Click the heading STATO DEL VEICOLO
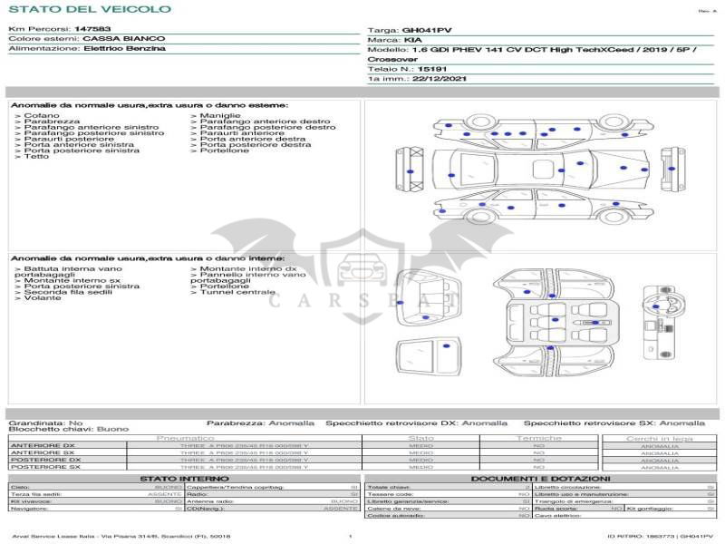pyautogui.click(x=90, y=9)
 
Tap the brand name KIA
pyautogui.click(x=412, y=41)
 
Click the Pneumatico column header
pyautogui.click(x=185, y=438)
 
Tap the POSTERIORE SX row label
pyautogui.click(x=43, y=466)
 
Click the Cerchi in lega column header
pyautogui.click(x=659, y=438)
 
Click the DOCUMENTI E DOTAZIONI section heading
pyautogui.click(x=540, y=478)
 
